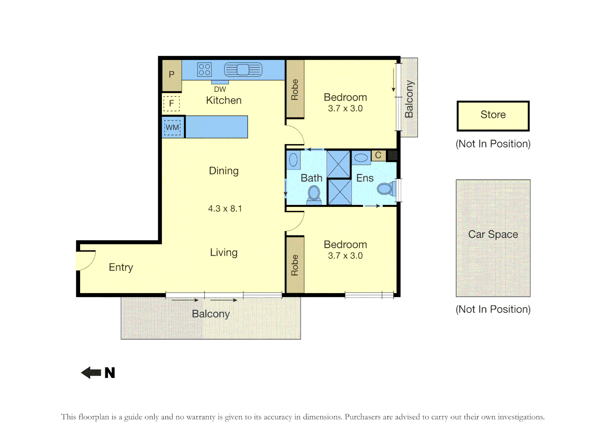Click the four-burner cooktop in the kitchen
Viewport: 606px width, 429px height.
[204, 70]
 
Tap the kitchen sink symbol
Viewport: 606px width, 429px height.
[243, 70]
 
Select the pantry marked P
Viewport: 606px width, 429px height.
[172, 75]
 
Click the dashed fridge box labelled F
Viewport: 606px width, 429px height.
[171, 104]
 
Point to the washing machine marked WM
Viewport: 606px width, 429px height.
[173, 128]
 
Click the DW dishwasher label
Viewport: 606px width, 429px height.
[220, 89]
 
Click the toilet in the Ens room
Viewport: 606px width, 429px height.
[386, 189]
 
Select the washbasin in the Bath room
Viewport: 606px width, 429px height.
[293, 160]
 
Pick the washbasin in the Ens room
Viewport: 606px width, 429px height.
[361, 158]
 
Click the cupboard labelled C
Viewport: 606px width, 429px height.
[378, 155]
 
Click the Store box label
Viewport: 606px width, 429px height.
[493, 115]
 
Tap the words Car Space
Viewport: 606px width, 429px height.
[493, 234]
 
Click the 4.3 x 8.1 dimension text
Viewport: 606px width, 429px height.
[225, 209]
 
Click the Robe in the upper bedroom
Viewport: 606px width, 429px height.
[295, 89]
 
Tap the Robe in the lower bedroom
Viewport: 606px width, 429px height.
[295, 265]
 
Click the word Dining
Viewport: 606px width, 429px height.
[224, 171]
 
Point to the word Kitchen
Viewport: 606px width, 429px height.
[224, 100]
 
